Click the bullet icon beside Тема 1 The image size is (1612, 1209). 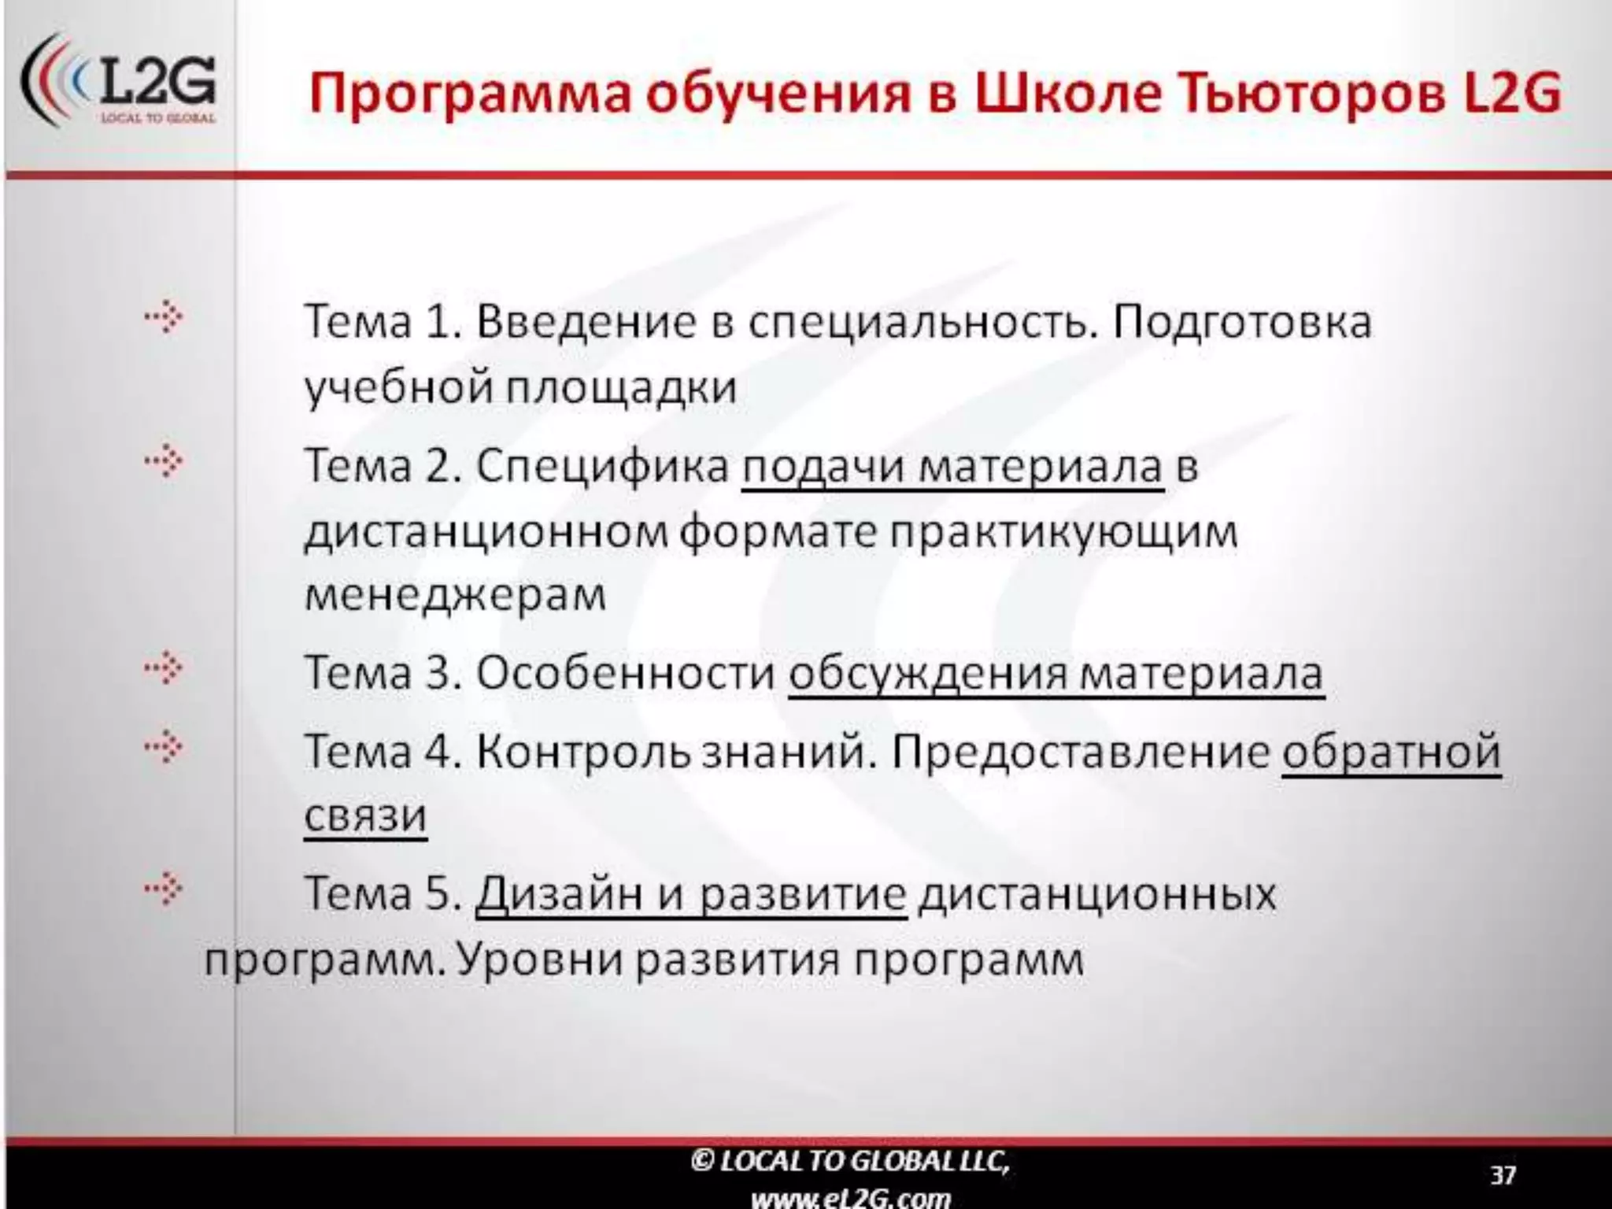[x=164, y=319]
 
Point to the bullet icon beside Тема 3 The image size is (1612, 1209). [x=164, y=669]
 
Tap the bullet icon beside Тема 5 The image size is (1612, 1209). [x=164, y=890]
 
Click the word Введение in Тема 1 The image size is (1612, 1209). [x=586, y=322]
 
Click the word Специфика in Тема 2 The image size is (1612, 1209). [x=603, y=466]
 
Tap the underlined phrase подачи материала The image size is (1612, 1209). [x=952, y=466]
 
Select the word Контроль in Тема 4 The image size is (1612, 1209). [x=583, y=752]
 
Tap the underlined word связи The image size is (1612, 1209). [x=365, y=815]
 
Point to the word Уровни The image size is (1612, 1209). [x=540, y=959]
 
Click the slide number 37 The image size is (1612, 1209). [x=1503, y=1175]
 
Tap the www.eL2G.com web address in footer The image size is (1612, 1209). [x=850, y=1198]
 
